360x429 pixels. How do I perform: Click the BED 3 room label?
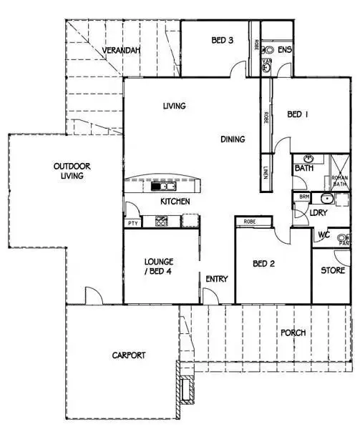click(x=223, y=41)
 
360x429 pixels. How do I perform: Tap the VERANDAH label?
click(x=120, y=51)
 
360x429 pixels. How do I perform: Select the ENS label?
click(x=285, y=49)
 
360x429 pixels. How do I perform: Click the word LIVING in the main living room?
click(x=174, y=107)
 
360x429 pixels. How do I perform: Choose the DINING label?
click(x=233, y=139)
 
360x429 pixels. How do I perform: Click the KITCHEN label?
click(x=175, y=202)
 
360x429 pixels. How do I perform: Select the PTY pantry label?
click(x=132, y=224)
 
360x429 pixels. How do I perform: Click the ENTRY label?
click(x=216, y=279)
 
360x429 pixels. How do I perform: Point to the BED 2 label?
click(x=264, y=264)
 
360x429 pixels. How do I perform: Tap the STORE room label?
click(x=333, y=270)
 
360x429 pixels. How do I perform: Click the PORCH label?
click(x=293, y=332)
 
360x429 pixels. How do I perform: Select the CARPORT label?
click(x=129, y=355)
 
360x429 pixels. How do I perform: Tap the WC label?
click(x=323, y=234)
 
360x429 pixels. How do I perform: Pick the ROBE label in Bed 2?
click(x=250, y=222)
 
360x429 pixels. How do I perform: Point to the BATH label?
click(x=303, y=169)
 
